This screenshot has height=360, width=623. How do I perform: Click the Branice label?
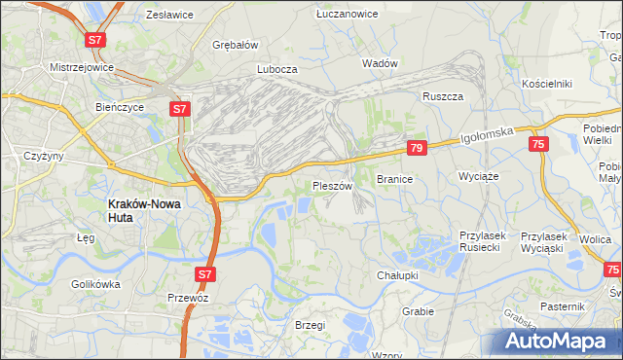pos(395,180)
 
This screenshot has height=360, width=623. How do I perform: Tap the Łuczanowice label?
pos(340,15)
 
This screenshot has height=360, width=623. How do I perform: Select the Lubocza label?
pos(276,70)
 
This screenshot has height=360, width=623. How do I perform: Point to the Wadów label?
pos(380,63)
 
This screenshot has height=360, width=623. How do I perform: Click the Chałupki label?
pos(397,276)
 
